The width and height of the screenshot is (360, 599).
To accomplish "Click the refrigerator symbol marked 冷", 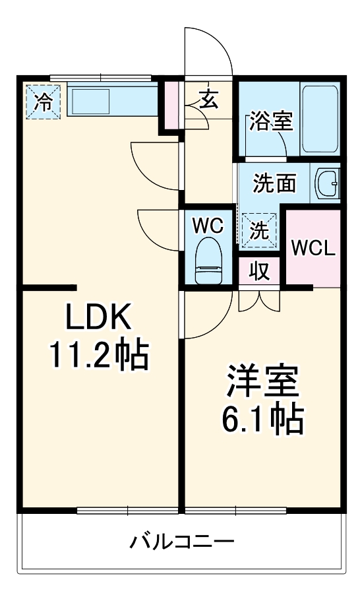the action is [x=43, y=102].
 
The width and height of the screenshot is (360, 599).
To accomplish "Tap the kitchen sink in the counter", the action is [x=91, y=102].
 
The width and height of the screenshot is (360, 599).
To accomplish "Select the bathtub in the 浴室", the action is [x=320, y=119].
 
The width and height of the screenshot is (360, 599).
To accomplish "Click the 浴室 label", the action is [x=272, y=121].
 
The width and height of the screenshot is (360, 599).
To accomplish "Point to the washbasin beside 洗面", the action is [x=327, y=184].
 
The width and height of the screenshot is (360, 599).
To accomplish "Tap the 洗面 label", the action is [x=274, y=183].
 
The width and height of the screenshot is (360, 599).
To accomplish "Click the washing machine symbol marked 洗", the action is [x=259, y=230].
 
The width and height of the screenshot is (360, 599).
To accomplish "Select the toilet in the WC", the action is [x=208, y=261].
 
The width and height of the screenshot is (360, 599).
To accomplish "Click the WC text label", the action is [x=208, y=226].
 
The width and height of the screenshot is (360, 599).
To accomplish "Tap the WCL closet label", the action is [x=313, y=249].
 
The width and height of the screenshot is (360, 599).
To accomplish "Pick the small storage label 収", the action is [x=260, y=271].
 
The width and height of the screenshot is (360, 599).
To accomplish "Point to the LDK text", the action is [x=99, y=317].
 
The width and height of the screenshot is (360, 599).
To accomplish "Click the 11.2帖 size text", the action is [x=100, y=354].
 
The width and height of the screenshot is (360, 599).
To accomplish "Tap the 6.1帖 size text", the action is [x=262, y=419].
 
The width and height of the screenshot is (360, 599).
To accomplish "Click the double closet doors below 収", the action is [x=259, y=301].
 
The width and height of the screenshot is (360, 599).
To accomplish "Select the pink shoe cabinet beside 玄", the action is [x=173, y=105].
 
